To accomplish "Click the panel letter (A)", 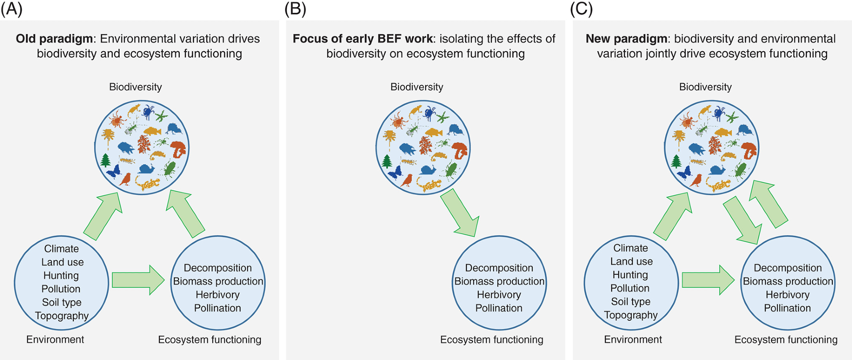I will [x=12, y=9].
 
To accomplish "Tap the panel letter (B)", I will [x=295, y=9].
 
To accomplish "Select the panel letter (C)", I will [x=581, y=9].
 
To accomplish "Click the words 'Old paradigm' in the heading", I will [x=54, y=39].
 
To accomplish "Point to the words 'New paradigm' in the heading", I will [x=626, y=39].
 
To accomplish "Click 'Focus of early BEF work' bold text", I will [x=363, y=39].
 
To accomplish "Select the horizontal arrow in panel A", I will [x=138, y=280].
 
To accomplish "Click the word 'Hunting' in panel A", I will [x=61, y=276].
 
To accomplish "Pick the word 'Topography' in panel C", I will [x=631, y=315].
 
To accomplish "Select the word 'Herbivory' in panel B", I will [x=499, y=295].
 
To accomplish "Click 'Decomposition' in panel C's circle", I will [x=788, y=268].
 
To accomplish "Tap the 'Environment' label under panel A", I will [x=55, y=340].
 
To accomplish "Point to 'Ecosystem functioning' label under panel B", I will [x=492, y=340].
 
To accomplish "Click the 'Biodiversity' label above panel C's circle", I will [x=705, y=87].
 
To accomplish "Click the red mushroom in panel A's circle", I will [x=178, y=149].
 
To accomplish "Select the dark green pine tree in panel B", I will [x=387, y=161].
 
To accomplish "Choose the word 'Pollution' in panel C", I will [x=630, y=288].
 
